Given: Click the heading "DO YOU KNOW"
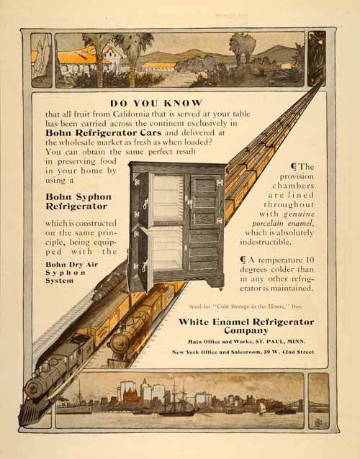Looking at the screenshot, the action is [156, 103].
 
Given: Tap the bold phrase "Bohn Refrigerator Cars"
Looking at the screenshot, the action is [104, 133].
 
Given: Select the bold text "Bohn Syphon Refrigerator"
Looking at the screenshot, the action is [78, 201].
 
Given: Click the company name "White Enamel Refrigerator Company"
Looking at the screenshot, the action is [246, 326].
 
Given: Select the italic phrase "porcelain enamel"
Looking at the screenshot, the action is [283, 224].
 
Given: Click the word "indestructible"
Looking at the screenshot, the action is [266, 242].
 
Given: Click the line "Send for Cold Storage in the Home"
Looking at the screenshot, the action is [246, 306].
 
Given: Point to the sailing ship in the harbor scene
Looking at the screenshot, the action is [176, 400].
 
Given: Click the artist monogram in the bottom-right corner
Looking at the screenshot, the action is [318, 422].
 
